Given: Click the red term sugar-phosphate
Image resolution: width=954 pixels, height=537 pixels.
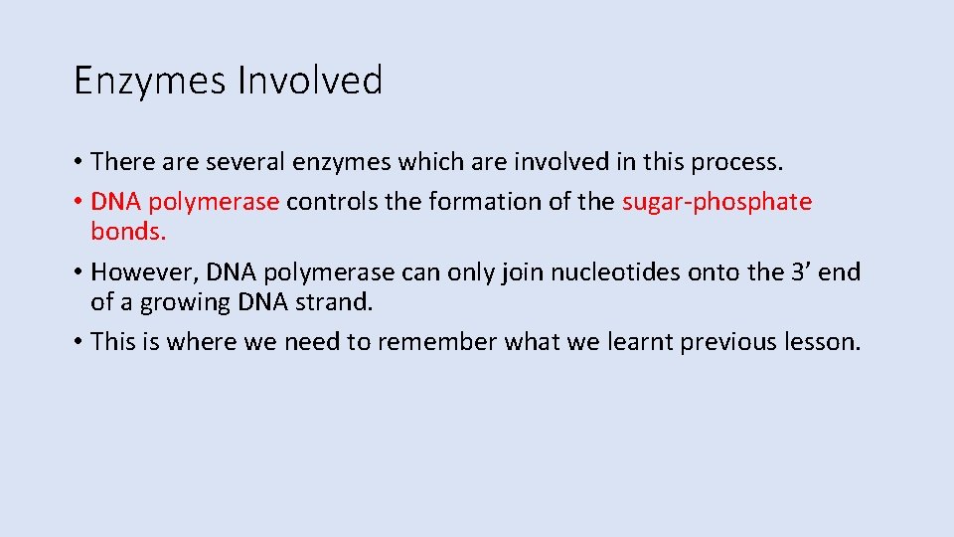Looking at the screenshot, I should pos(716,203).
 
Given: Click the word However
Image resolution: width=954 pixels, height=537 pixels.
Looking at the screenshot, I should pos(141,272).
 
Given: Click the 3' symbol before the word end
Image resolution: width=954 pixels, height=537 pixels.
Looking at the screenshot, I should pos(798,272).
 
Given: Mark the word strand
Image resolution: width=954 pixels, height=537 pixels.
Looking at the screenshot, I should pos(331,301).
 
